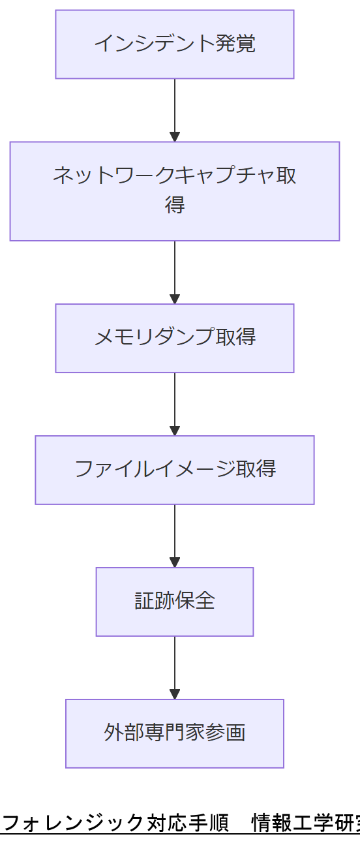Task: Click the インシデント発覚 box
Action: tap(174, 44)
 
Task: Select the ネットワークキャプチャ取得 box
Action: tap(174, 191)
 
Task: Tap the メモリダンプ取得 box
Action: tap(174, 338)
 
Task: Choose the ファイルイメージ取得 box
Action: tap(174, 470)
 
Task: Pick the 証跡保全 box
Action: tap(174, 602)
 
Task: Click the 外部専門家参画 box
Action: tap(174, 733)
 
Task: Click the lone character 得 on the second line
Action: tap(174, 205)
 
